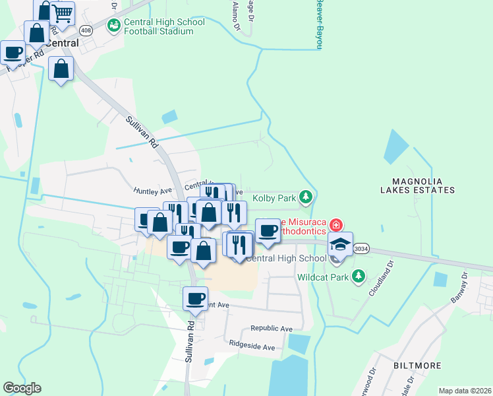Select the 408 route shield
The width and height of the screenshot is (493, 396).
point(86,30)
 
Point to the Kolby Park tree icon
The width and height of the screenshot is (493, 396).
point(305,197)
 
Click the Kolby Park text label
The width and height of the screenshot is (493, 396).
point(273,197)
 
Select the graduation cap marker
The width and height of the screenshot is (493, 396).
point(341,245)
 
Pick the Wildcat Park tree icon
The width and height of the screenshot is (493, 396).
point(358,276)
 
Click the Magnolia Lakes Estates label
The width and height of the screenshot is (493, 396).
point(423,185)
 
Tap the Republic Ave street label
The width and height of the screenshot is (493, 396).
point(271,328)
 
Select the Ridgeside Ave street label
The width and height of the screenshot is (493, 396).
point(251,344)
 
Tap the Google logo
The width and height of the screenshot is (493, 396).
point(22,388)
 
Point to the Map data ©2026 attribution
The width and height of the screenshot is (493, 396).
point(464,391)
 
